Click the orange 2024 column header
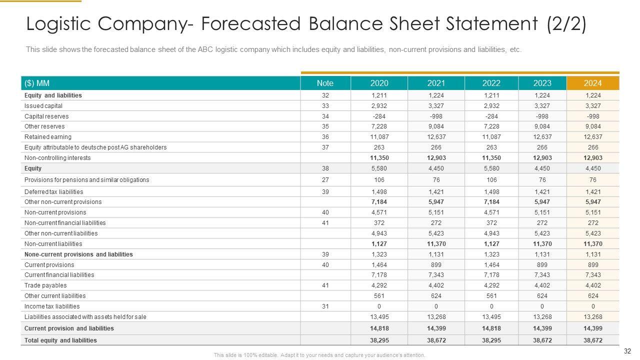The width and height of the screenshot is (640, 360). point(592,83)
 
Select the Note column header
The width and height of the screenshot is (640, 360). point(325,83)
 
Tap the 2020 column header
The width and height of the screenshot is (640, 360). point(379,83)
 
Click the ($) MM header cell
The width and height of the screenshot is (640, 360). point(37,83)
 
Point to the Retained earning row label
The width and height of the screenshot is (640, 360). point(48,137)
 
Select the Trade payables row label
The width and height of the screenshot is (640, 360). point(45,285)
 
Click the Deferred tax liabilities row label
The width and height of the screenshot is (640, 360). point(54,191)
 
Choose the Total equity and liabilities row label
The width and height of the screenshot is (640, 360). point(60,340)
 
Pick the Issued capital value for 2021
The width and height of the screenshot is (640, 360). point(436,106)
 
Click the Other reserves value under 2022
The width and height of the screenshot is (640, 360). point(491,126)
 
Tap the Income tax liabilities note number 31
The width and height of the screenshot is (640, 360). point(325,306)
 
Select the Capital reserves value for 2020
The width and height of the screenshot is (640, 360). point(379,116)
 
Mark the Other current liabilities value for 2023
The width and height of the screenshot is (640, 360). point(542,295)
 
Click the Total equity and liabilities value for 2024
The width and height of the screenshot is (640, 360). point(592,340)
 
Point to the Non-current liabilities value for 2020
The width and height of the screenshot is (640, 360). point(379,244)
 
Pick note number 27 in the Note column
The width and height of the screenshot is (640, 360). point(325,180)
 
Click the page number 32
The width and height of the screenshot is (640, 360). point(628,351)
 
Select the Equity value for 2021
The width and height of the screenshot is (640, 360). point(436,168)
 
